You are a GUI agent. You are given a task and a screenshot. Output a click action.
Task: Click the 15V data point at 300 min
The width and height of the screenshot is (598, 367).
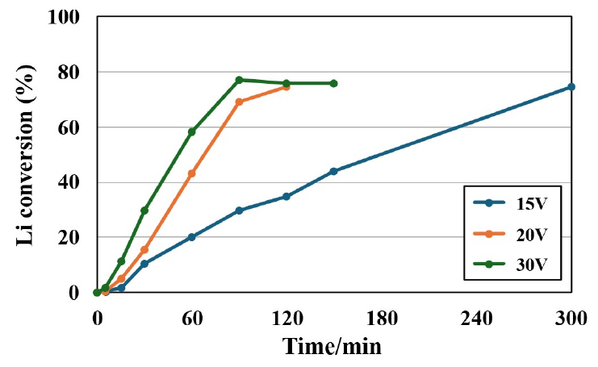pyautogui.click(x=571, y=86)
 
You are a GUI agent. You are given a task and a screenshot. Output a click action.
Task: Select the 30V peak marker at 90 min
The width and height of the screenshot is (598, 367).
pyautogui.click(x=239, y=80)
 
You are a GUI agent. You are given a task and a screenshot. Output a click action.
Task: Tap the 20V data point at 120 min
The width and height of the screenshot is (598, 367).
pyautogui.click(x=286, y=86)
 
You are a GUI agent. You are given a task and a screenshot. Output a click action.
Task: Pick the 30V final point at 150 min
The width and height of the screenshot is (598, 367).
pyautogui.click(x=333, y=83)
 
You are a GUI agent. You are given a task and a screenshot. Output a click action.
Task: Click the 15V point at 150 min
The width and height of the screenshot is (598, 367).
pyautogui.click(x=333, y=171)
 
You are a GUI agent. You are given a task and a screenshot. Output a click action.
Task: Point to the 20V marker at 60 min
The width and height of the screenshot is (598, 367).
pyautogui.click(x=192, y=173)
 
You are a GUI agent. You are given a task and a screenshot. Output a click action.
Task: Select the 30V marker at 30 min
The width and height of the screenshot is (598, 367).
pyautogui.click(x=144, y=211)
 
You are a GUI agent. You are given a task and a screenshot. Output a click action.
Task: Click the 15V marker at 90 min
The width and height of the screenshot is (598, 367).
pyautogui.click(x=239, y=211)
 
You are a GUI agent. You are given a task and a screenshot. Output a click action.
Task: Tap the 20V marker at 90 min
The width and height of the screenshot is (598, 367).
pyautogui.click(x=239, y=102)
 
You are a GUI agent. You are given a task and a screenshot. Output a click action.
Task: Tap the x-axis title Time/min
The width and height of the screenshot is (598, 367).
pyautogui.click(x=332, y=347)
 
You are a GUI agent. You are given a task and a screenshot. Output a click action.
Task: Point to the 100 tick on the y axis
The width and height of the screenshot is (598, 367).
pyautogui.click(x=67, y=16)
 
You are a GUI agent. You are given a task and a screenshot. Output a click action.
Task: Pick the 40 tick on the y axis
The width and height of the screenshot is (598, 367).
pyautogui.click(x=73, y=182)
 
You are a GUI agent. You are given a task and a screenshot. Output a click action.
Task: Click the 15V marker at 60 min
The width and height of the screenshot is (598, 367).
pyautogui.click(x=192, y=237)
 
